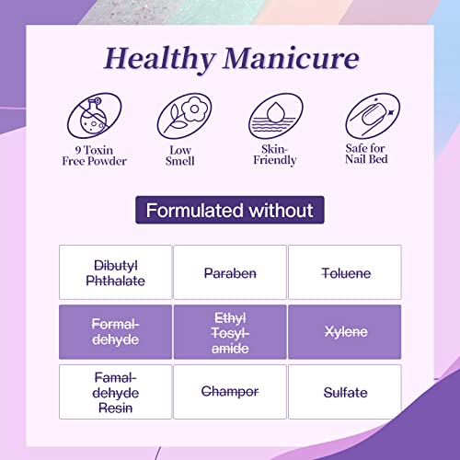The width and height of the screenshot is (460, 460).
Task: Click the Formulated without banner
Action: [x=230, y=210]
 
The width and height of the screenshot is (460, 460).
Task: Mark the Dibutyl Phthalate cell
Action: [x=116, y=273]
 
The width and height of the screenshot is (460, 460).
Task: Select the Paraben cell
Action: [x=230, y=273]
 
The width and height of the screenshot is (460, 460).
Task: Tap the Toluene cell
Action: [x=344, y=273]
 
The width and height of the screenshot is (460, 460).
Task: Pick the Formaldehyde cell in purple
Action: [x=116, y=331]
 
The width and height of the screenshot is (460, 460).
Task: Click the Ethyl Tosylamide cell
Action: [x=230, y=331]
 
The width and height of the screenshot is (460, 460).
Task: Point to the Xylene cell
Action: [x=344, y=331]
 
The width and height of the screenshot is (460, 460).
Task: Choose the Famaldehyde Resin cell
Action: [x=116, y=391]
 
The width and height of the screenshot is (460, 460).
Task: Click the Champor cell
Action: [x=230, y=391]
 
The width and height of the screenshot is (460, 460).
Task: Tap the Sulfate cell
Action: [x=344, y=391]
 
